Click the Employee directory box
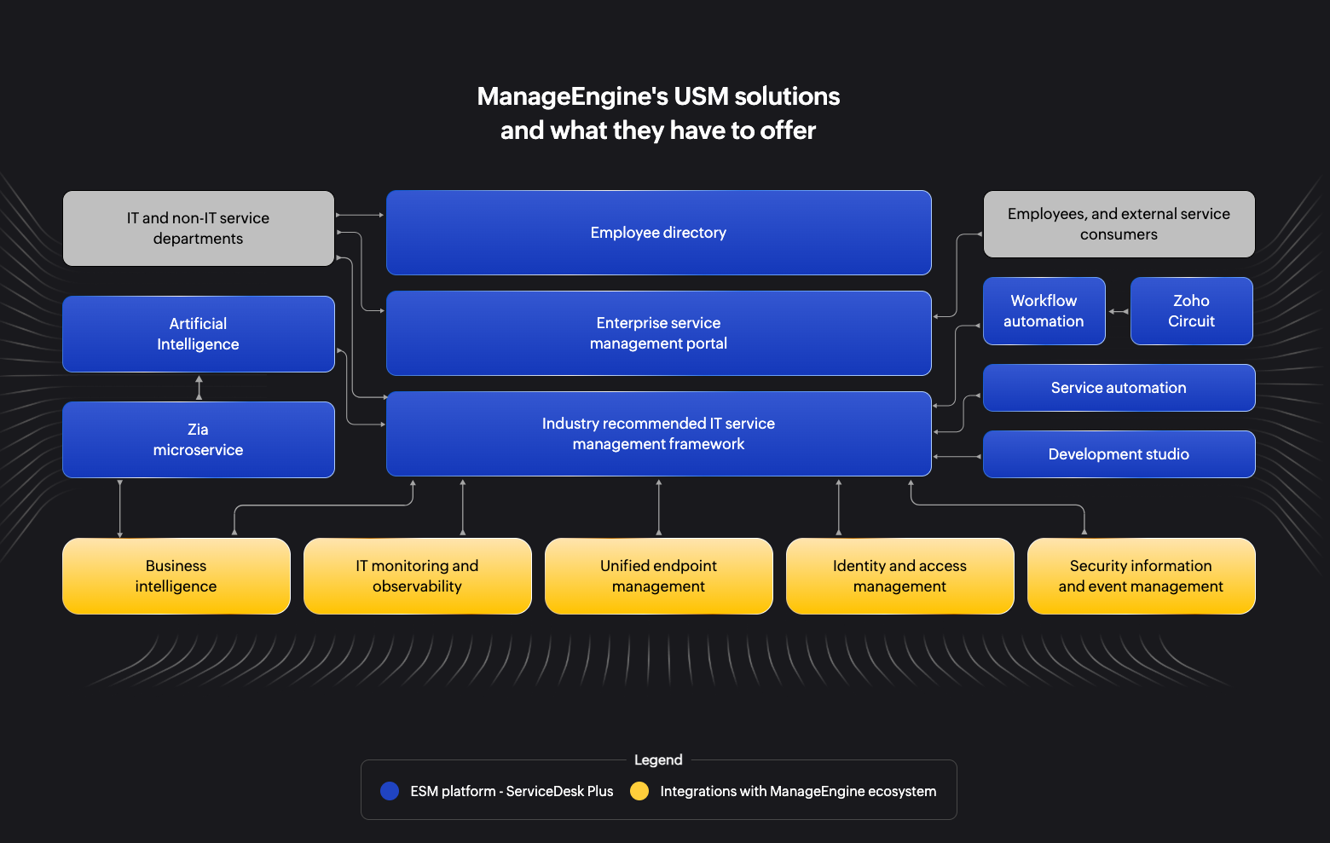(658, 233)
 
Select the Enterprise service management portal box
(658, 333)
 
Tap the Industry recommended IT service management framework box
(658, 434)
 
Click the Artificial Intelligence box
(198, 334)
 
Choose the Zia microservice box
(198, 440)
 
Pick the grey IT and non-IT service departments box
(198, 228)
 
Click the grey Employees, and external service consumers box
(1119, 224)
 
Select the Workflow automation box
(1044, 311)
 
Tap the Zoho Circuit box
(1191, 311)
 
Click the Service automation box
(1119, 388)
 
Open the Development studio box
(1119, 454)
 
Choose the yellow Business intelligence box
(176, 576)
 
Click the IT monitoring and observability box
(417, 576)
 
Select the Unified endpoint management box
(658, 576)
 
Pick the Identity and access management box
(899, 576)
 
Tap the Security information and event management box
(1141, 576)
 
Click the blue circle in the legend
(390, 791)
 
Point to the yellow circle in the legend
(639, 791)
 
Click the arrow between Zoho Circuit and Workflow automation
(1119, 311)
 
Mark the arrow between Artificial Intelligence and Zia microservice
(199, 388)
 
